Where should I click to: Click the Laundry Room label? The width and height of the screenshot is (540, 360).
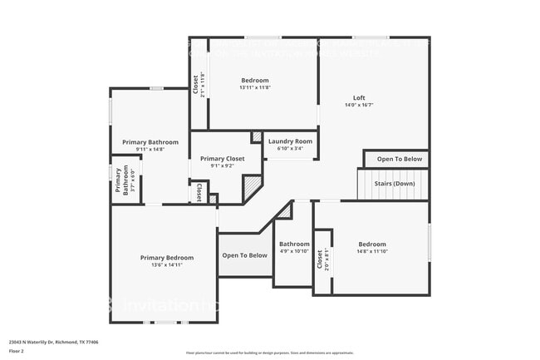coord(289,141)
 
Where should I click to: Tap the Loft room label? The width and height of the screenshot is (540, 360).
coord(359,97)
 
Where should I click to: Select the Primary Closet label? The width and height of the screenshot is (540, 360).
coord(223,158)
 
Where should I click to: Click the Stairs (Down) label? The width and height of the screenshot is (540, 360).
coord(393,184)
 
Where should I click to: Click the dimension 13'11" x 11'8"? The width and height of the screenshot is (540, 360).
coord(255,87)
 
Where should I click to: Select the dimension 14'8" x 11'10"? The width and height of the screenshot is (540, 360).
coord(371,251)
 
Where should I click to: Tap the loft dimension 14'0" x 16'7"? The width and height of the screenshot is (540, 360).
coord(359,105)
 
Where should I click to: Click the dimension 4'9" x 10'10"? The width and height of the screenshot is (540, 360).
coord(293,251)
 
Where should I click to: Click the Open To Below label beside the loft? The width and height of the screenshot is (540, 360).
coord(399,159)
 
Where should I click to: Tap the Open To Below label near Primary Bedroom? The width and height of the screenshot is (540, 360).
coord(244,255)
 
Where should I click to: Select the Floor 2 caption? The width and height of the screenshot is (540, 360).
coord(17,350)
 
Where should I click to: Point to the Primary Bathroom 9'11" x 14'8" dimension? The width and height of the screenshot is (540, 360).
coord(144,150)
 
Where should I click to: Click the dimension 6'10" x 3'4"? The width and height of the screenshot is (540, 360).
coord(289,149)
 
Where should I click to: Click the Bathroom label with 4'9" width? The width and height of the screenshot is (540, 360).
coord(293,244)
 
